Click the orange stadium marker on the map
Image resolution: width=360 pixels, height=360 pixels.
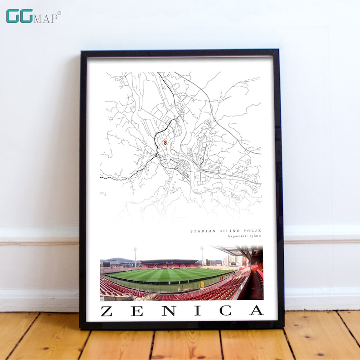165,142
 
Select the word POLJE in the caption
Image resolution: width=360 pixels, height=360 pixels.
251,231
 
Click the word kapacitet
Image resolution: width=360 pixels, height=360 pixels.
237,236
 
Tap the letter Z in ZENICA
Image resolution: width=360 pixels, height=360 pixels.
107,311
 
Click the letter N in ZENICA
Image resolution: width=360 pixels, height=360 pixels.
165,311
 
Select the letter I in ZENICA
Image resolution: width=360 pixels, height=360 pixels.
197,311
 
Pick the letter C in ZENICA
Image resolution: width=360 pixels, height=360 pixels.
225,311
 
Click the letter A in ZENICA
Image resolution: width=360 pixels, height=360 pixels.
256,311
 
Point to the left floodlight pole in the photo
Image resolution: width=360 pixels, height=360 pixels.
135,256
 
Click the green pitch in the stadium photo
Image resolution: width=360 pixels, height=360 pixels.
168,275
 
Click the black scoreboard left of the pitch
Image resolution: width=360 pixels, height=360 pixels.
107,264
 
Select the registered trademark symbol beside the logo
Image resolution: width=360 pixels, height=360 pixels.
59,13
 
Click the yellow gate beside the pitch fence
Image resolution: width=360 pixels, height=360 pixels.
202,284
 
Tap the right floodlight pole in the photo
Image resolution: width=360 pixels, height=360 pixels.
202,255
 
